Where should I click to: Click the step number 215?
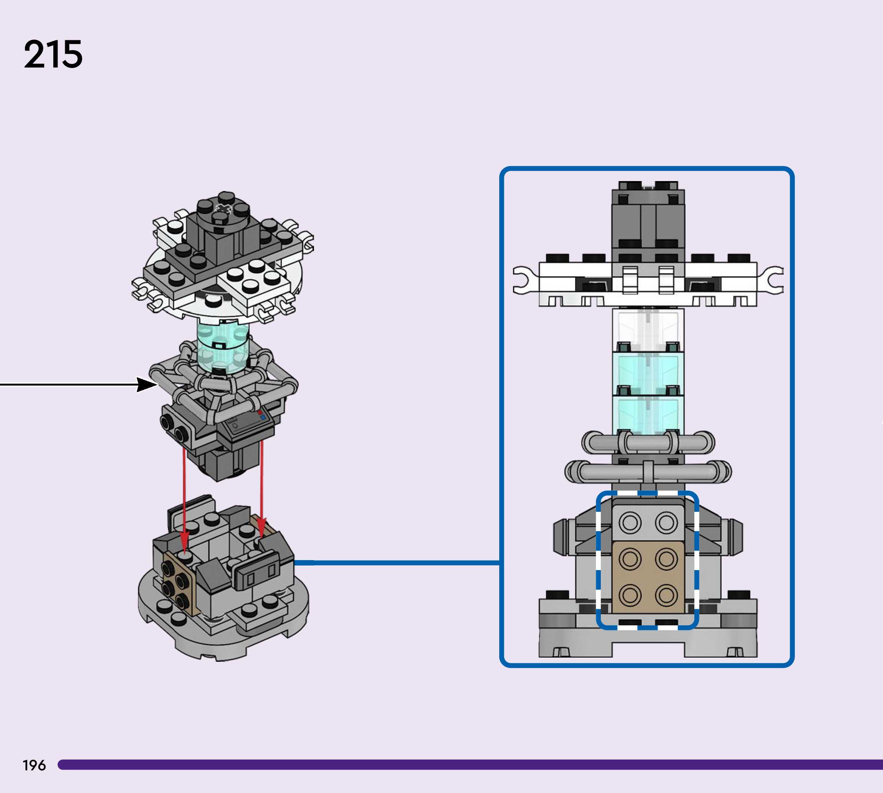(53, 54)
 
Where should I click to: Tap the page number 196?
(34, 765)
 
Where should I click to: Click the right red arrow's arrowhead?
(261, 528)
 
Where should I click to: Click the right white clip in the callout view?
(771, 280)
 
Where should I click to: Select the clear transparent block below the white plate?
(648, 330)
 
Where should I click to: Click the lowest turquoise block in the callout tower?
(648, 415)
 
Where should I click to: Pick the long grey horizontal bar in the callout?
(648, 472)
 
